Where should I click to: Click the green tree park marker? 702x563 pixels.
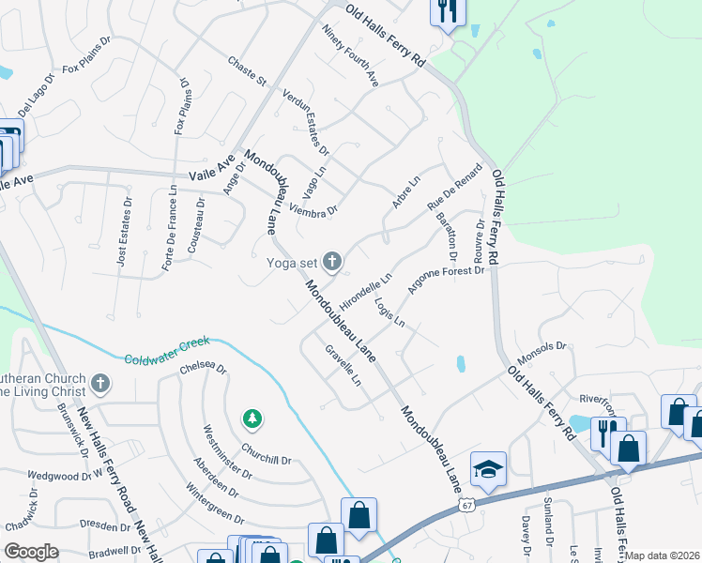[x=252, y=418]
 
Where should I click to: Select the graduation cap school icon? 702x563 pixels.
[x=488, y=468]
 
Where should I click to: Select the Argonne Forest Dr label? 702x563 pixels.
[x=446, y=286]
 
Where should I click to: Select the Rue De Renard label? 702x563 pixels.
[x=454, y=188]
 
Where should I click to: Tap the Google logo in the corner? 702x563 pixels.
[x=31, y=552]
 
